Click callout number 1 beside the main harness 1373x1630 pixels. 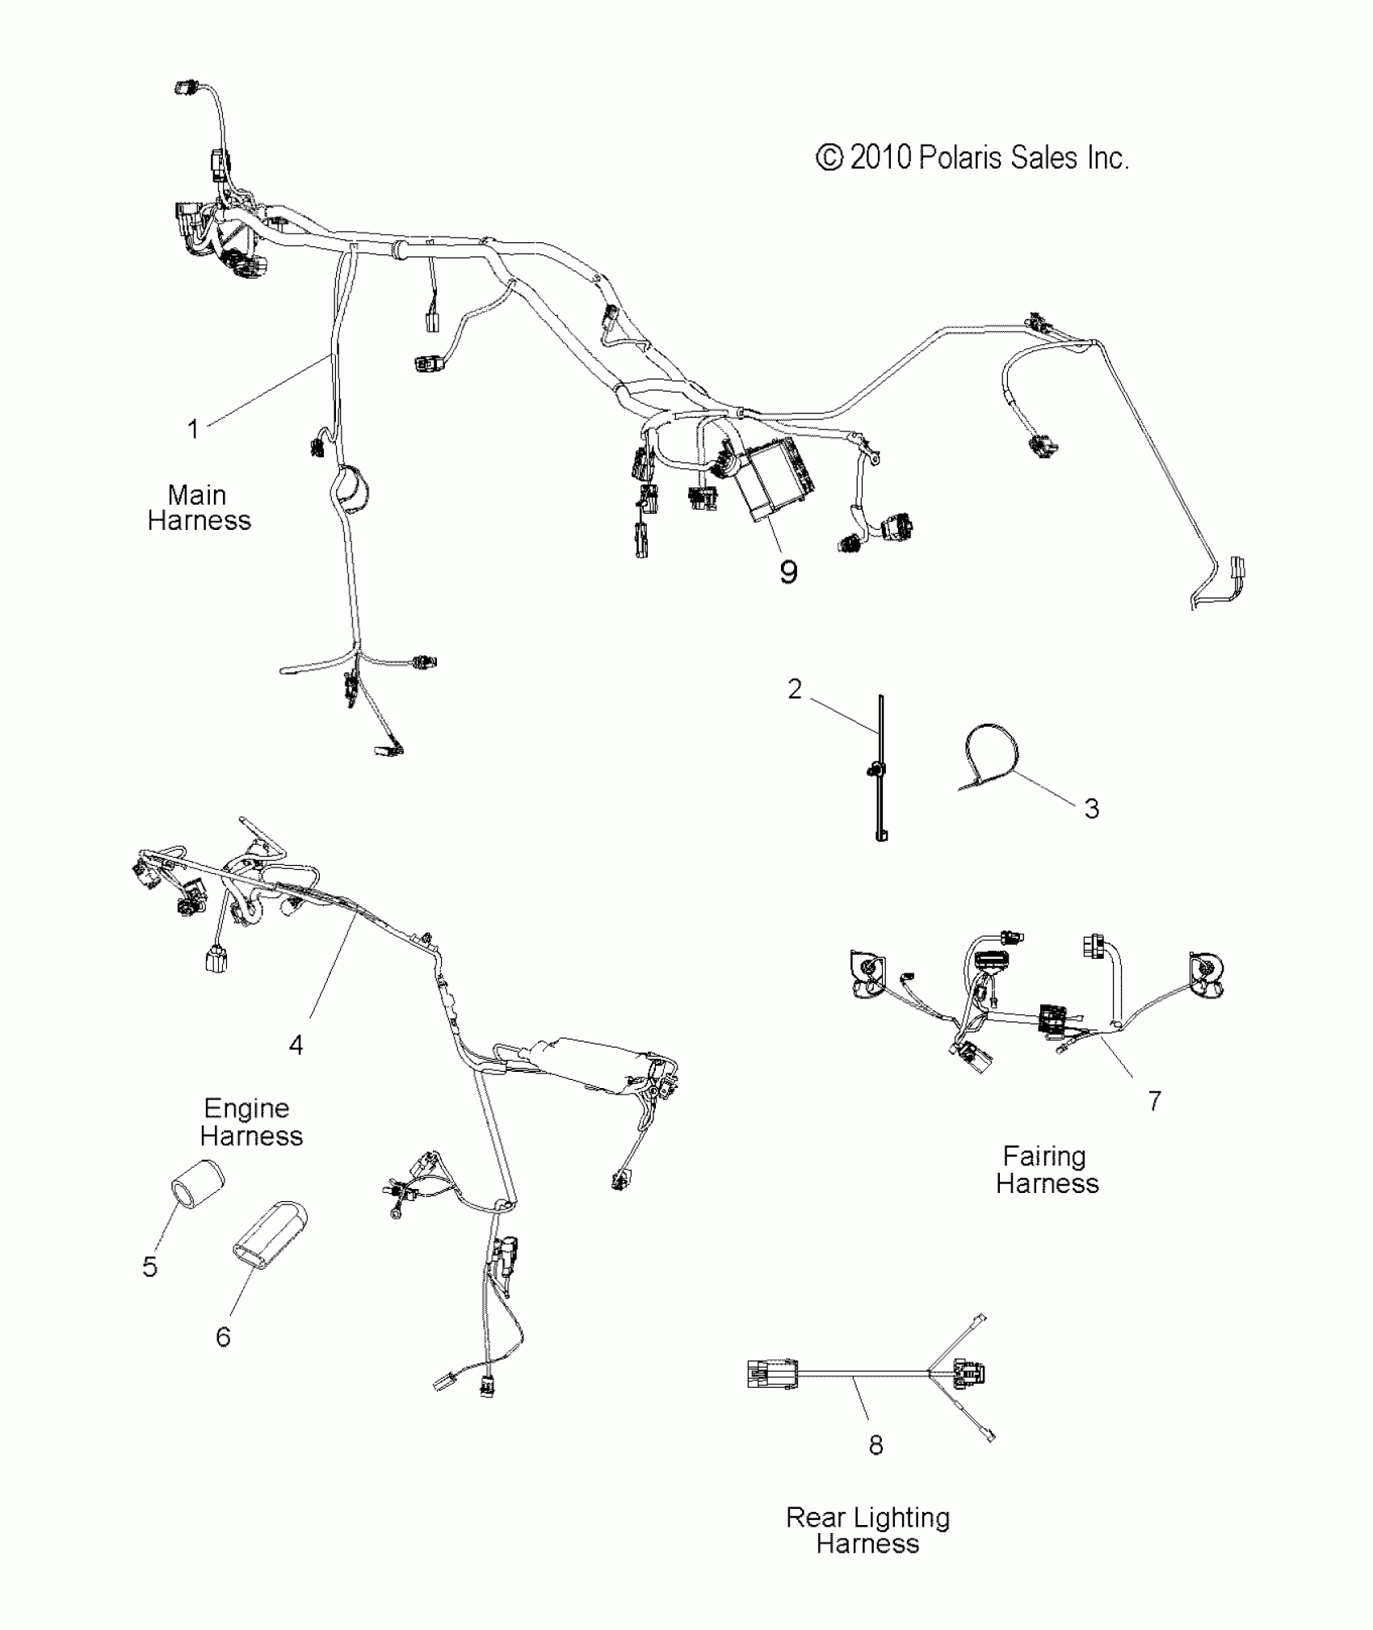click(x=193, y=429)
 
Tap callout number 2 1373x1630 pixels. click(x=795, y=689)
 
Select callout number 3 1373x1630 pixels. click(x=1091, y=809)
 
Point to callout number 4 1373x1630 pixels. click(x=296, y=1045)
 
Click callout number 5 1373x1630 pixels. click(x=150, y=1267)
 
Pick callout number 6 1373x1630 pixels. click(x=224, y=1337)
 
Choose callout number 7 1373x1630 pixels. click(x=1155, y=1100)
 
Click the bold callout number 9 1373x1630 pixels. click(x=788, y=572)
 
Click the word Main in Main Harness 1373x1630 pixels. click(x=197, y=494)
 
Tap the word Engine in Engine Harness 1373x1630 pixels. click(x=246, y=1108)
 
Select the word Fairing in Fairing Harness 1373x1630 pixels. click(x=1044, y=1157)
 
